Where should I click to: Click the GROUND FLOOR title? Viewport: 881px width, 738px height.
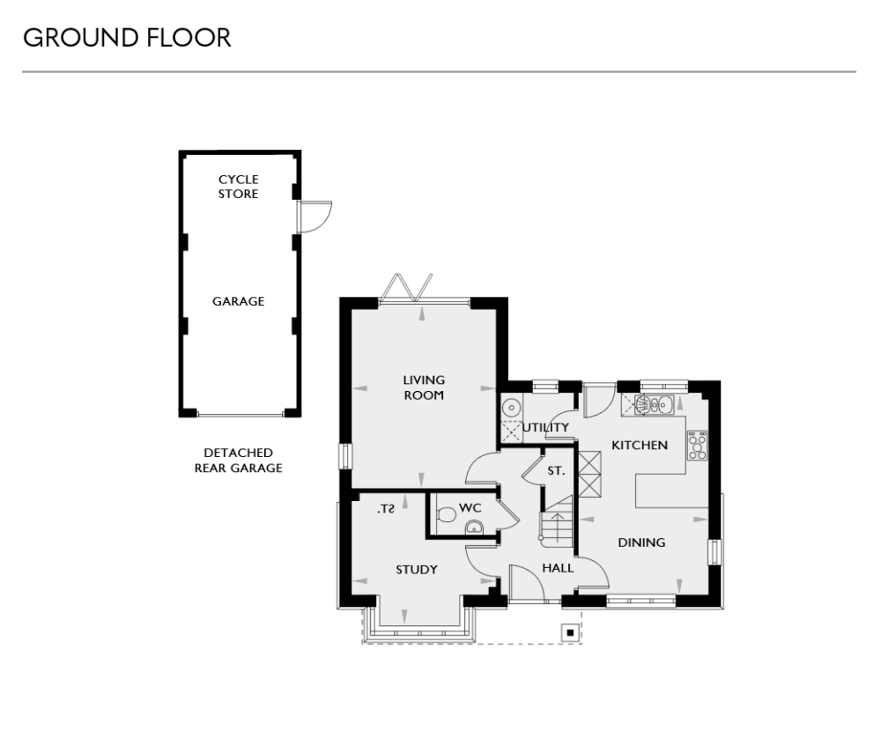tap(127, 38)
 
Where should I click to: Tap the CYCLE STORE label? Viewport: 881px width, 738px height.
tap(239, 187)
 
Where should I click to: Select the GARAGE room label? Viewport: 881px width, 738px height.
tap(239, 301)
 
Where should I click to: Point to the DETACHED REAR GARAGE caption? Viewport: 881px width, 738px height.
tap(239, 461)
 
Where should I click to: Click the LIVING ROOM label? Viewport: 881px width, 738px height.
tap(424, 387)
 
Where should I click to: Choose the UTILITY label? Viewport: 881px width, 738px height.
tap(546, 428)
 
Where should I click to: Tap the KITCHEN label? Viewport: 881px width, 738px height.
tap(640, 446)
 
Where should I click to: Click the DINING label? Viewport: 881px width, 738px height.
tap(641, 542)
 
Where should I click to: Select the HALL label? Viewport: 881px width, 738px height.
tap(558, 568)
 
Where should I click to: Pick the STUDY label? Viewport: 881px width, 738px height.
tap(417, 570)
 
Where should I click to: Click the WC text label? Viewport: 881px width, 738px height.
tap(470, 508)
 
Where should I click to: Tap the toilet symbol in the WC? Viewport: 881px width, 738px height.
tap(446, 515)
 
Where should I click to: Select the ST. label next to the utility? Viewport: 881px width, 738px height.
tap(556, 472)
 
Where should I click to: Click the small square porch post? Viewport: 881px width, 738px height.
tap(571, 631)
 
